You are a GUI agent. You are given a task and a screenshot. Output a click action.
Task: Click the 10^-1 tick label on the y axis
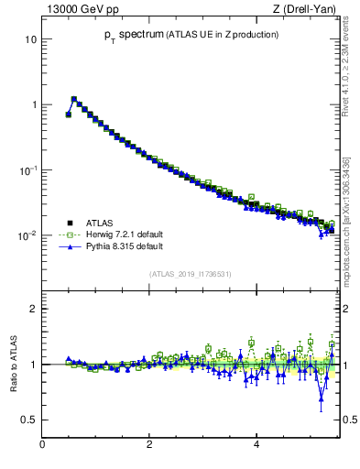(27, 170)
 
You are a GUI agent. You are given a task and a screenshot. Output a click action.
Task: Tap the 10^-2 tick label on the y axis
(27, 235)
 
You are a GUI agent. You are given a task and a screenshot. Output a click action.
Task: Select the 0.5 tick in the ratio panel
(29, 420)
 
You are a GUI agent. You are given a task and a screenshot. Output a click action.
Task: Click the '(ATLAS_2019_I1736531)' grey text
(190, 274)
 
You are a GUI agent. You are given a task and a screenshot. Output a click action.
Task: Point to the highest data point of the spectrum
(74, 99)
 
